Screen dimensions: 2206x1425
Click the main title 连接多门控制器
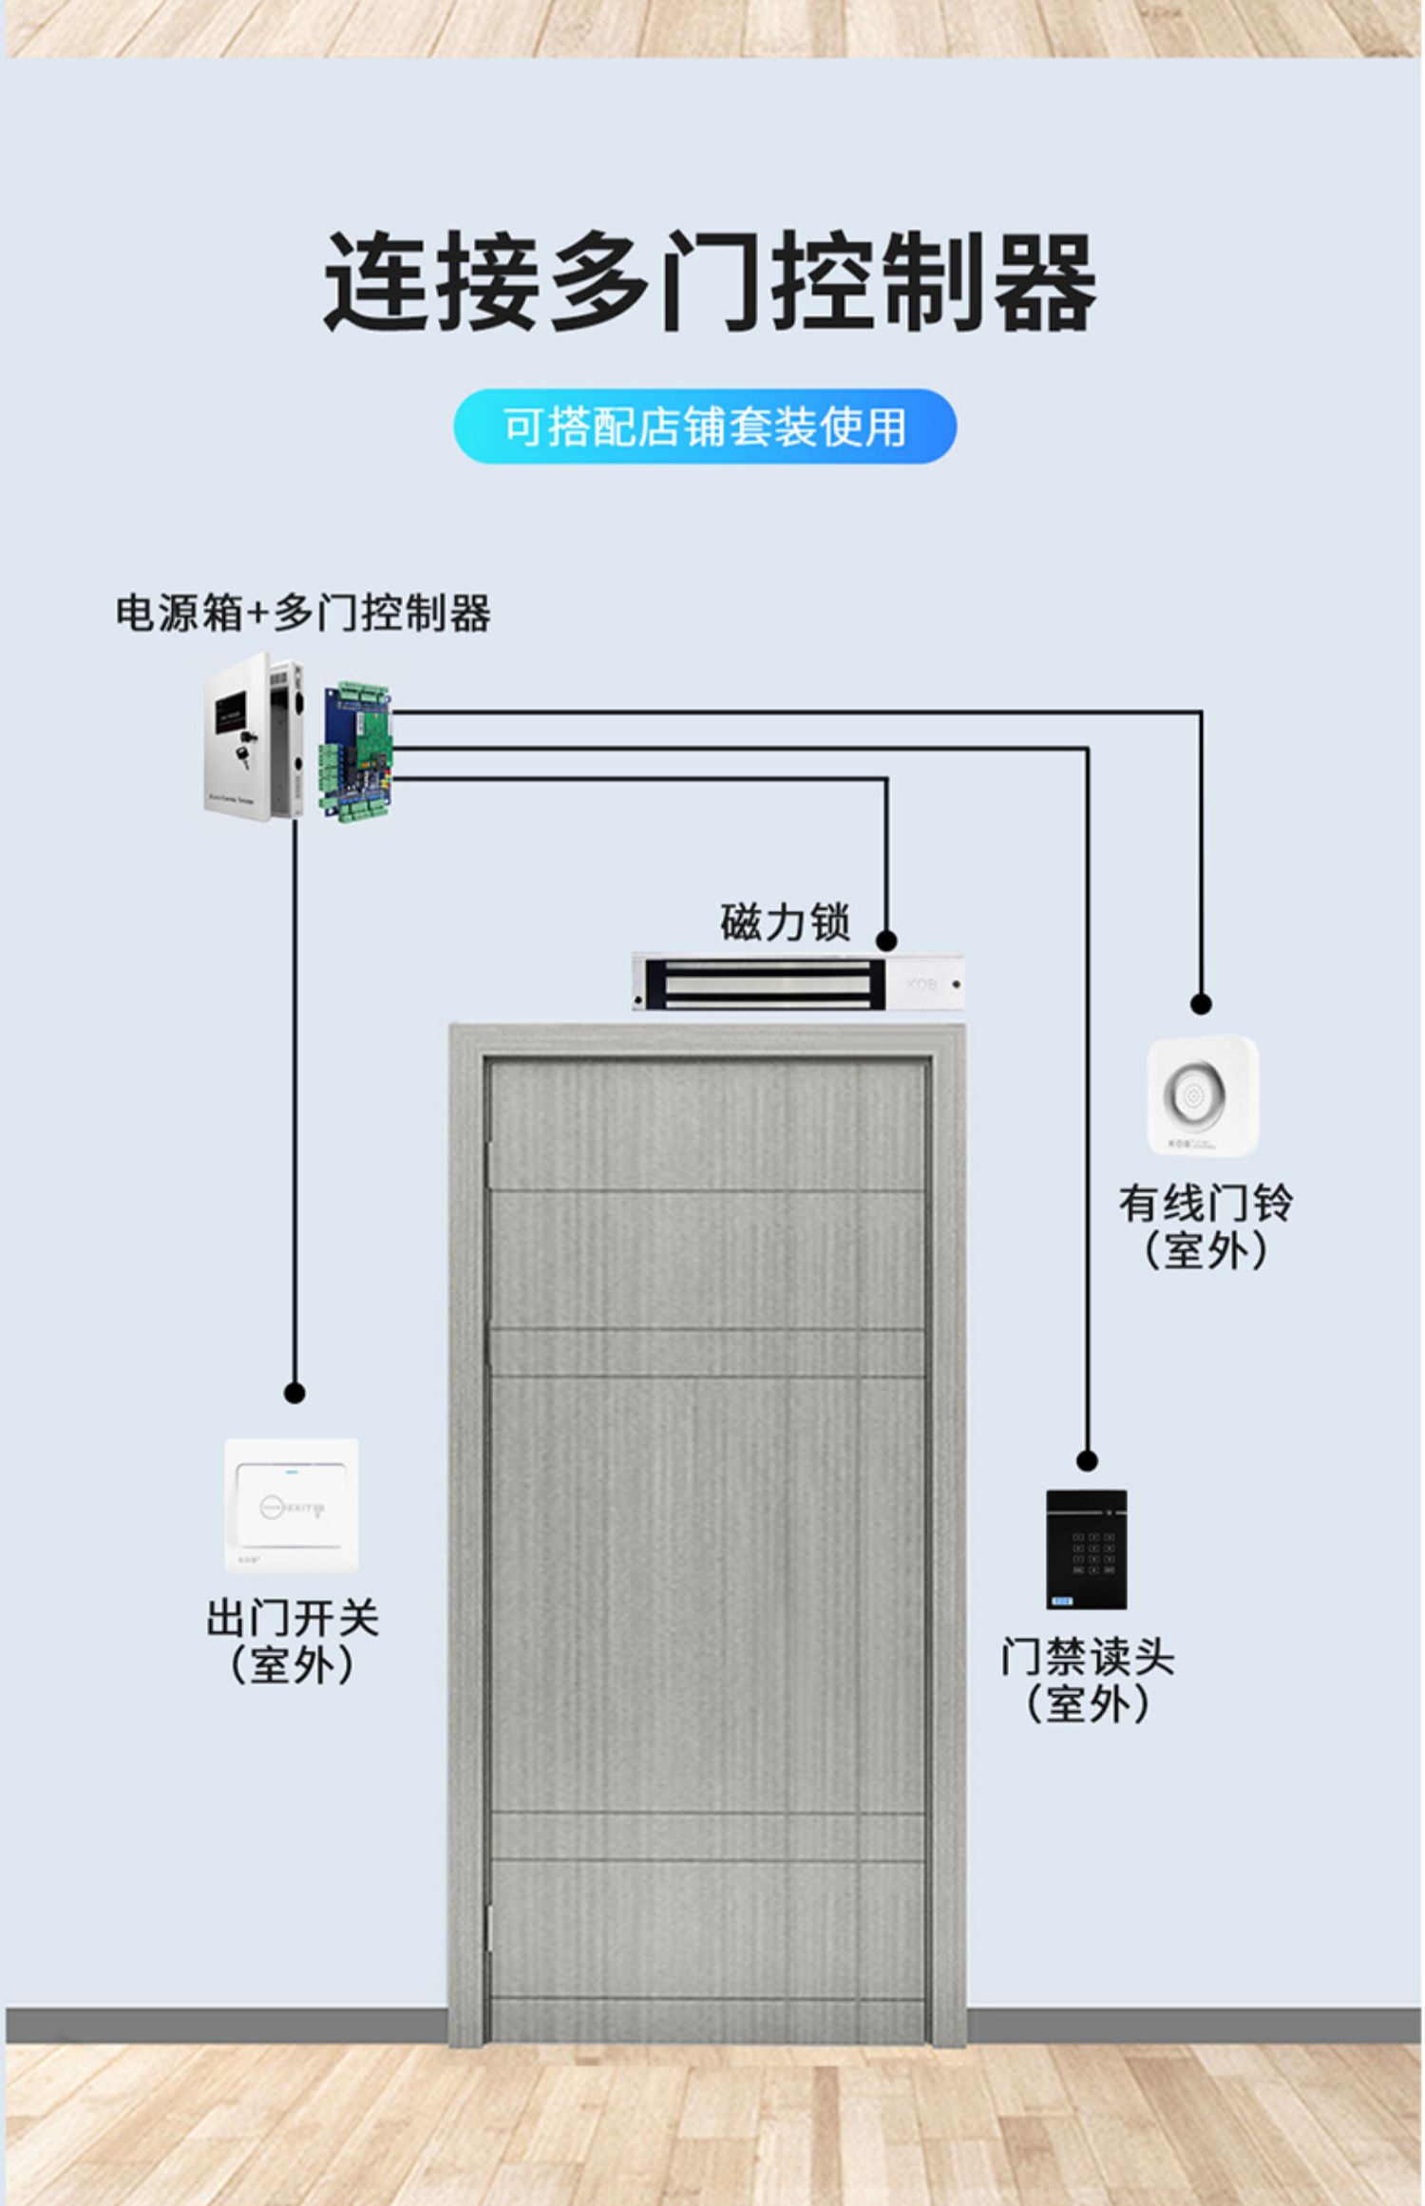(710, 282)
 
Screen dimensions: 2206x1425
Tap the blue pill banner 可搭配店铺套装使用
(705, 427)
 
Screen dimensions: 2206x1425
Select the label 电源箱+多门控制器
(303, 613)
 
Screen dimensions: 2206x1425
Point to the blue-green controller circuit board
(356, 750)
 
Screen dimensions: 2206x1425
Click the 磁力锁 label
(784, 922)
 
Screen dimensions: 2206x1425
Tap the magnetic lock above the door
(798, 982)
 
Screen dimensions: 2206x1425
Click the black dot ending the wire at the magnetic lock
(886, 941)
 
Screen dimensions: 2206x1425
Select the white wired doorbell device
(1202, 1094)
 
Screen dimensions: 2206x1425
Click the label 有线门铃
(1205, 1203)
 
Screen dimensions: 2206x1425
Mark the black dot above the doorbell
(1201, 1003)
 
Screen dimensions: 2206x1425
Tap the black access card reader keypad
(1087, 1549)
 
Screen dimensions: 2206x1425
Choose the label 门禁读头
(1088, 1657)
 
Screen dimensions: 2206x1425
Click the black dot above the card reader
(1088, 1460)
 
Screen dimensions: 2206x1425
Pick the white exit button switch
(292, 1505)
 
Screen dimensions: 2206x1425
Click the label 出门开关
(293, 1618)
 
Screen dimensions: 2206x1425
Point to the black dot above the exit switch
(294, 1393)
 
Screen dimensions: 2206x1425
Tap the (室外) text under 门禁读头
(1088, 1703)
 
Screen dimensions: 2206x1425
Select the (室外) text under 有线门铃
(1205, 1249)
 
